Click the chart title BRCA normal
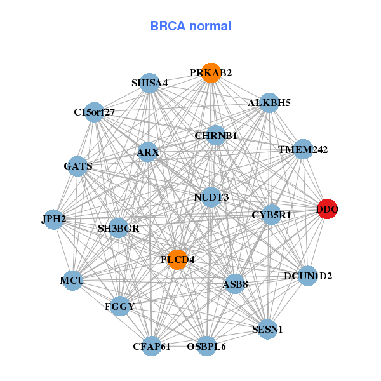pos(190,26)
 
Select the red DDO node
pos(327,209)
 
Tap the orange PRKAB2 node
pos(211,73)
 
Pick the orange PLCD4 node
pos(177,259)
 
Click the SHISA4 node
pos(150,83)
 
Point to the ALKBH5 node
pos(269,103)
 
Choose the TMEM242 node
pos(303,150)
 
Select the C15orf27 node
pos(94,112)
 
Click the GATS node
pos(78,166)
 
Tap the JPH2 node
pos(54,220)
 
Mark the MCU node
pos(72,280)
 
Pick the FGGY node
pos(119,307)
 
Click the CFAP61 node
pos(152,346)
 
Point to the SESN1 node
pos(267,330)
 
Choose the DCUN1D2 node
pos(308,276)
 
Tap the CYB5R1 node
pos(271,215)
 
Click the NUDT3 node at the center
pos(211,197)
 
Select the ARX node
pos(148,152)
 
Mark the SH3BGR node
pos(118,228)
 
